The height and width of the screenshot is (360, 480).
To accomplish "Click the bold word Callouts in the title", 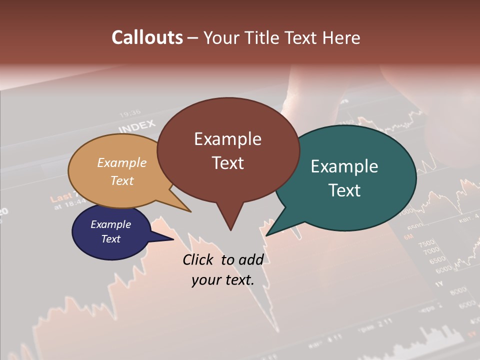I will (x=147, y=37).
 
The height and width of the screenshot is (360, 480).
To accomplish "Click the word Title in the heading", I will (x=264, y=37).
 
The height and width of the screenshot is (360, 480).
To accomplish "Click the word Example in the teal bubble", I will (x=344, y=166).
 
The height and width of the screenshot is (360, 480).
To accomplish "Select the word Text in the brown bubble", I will (x=227, y=163).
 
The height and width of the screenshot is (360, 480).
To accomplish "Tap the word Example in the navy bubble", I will (x=110, y=224).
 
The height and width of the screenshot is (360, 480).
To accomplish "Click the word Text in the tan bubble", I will (x=122, y=180).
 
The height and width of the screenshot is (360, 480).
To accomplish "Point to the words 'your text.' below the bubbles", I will (x=222, y=280).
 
